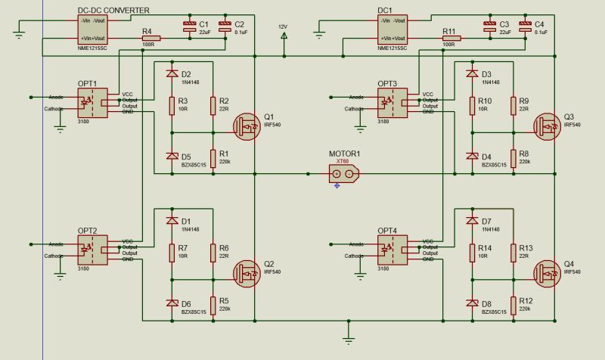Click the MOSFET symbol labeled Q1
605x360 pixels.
(245, 126)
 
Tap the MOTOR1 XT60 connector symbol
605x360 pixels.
(343, 173)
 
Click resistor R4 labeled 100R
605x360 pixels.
(150, 37)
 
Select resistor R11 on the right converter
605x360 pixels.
(451, 37)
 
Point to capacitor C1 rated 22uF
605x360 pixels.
(189, 29)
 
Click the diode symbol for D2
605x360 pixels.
(172, 73)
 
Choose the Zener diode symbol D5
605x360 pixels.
(172, 157)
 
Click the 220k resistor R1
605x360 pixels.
(213, 157)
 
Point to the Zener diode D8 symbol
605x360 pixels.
(472, 303)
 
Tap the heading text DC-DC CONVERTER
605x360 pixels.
(113, 9)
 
